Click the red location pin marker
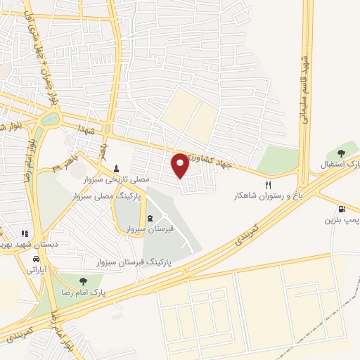point(181,165)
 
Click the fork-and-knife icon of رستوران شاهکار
point(267,185)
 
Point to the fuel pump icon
point(342,209)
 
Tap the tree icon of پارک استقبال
point(342,153)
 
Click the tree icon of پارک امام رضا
point(84,281)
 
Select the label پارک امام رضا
point(84,293)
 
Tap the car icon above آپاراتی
point(36,258)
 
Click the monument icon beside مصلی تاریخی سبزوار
point(117,169)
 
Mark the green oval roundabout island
point(51,120)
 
